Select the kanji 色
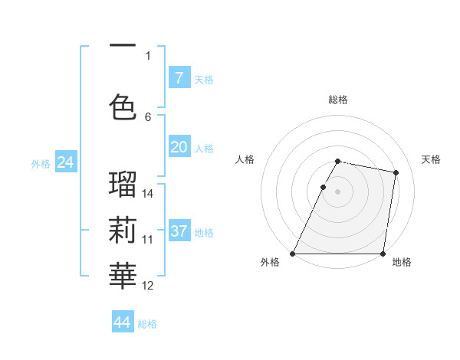click(x=123, y=106)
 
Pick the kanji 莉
click(x=123, y=229)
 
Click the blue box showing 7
click(x=179, y=77)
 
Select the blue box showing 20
click(x=179, y=148)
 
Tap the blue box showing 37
click(x=179, y=231)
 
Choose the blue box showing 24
click(x=65, y=162)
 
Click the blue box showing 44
click(x=123, y=322)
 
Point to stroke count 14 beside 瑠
click(x=148, y=193)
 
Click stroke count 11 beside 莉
click(x=148, y=239)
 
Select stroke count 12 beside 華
click(x=148, y=286)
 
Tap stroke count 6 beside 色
click(x=148, y=116)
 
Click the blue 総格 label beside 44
click(x=147, y=324)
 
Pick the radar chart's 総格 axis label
click(x=338, y=100)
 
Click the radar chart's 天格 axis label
click(x=432, y=159)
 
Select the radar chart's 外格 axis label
click(x=270, y=262)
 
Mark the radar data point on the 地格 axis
click(x=383, y=254)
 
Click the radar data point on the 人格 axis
click(x=324, y=187)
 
